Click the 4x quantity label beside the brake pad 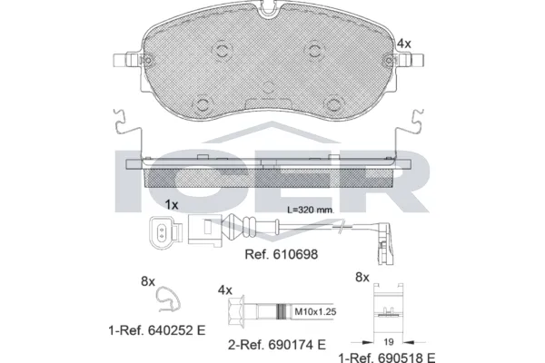[404, 44]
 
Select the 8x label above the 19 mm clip [362, 277]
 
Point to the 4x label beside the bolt [225, 289]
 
